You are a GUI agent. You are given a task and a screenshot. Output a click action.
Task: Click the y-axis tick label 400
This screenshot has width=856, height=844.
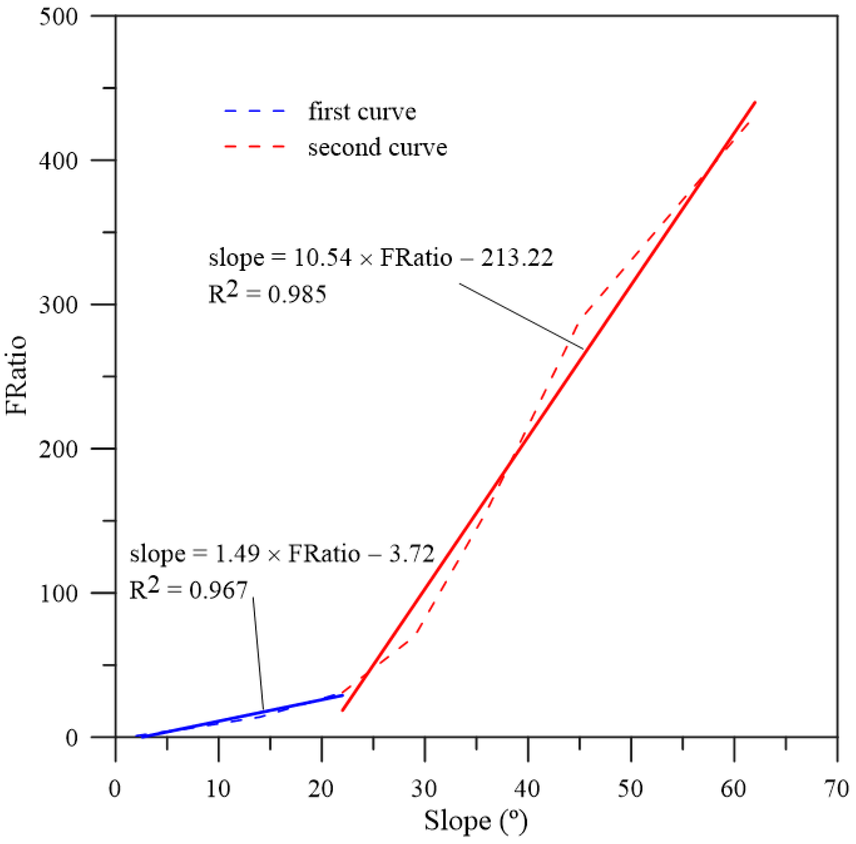(x=58, y=161)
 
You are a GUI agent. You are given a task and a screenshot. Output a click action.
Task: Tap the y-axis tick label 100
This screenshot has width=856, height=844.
(x=58, y=593)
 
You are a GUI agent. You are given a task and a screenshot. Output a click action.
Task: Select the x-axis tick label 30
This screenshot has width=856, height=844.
(x=424, y=789)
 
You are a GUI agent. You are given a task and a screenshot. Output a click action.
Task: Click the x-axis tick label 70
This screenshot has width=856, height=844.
(x=837, y=789)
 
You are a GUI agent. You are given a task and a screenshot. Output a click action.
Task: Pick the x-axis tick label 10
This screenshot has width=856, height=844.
(x=218, y=789)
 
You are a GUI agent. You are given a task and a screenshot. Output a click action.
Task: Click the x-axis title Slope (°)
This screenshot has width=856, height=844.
(x=476, y=821)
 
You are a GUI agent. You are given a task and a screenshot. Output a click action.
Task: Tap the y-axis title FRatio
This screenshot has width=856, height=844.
(x=17, y=375)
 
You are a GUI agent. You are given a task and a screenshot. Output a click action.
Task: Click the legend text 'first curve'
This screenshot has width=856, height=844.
(x=362, y=112)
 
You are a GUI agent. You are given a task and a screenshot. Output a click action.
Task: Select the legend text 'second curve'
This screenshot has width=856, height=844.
(x=377, y=147)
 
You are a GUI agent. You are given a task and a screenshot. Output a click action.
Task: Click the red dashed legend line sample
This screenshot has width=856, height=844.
(x=255, y=146)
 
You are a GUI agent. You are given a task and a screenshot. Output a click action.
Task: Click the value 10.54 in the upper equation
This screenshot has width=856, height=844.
(x=323, y=258)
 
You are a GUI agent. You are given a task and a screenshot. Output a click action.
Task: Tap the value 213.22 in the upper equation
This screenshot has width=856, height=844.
(x=517, y=258)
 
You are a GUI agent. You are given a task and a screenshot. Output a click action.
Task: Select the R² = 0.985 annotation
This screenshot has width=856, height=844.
(x=267, y=294)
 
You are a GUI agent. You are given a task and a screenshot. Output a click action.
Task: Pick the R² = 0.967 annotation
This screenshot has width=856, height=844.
(x=188, y=590)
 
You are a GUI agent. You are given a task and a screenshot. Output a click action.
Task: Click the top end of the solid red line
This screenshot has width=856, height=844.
(x=755, y=103)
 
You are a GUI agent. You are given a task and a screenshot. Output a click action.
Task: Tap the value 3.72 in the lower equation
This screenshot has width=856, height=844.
(x=412, y=554)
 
